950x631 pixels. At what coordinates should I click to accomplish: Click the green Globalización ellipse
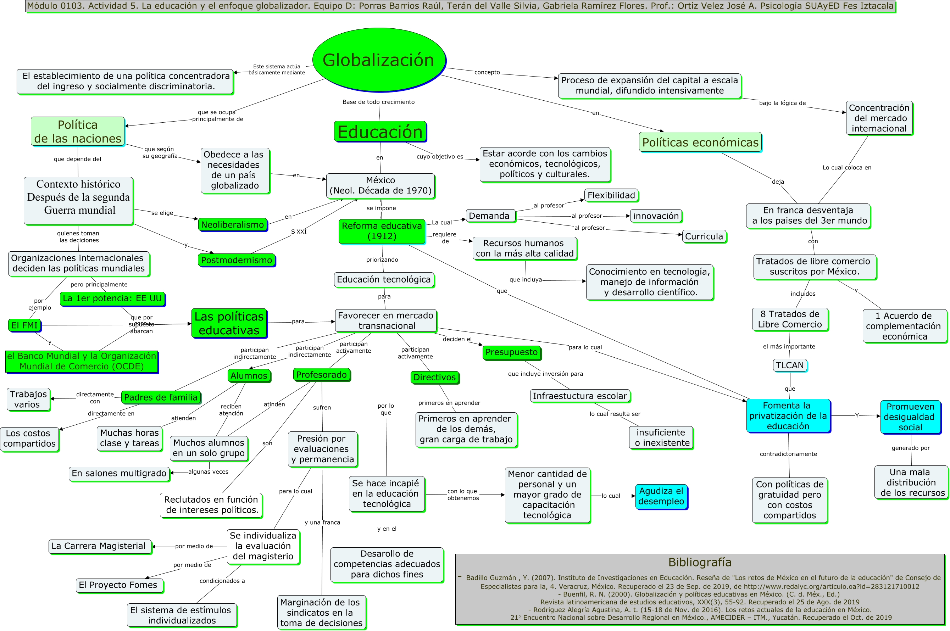379,60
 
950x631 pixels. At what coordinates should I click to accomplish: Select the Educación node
380,132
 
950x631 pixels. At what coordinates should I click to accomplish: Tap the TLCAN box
789,365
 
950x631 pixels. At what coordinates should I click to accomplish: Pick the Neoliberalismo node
232,224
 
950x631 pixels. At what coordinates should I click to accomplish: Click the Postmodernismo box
236,260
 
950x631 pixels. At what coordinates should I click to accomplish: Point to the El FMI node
24,325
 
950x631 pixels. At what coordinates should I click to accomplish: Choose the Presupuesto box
511,352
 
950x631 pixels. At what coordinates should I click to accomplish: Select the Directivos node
434,377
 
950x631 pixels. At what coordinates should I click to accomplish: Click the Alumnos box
249,375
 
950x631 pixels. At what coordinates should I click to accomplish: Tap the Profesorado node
321,375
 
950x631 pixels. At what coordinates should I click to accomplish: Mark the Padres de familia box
161,397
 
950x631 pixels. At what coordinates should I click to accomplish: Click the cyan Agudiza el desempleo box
661,496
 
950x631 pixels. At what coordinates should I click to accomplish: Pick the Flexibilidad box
611,195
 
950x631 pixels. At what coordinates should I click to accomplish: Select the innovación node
656,216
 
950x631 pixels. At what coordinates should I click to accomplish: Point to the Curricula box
704,236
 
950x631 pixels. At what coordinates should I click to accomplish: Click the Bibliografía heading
700,562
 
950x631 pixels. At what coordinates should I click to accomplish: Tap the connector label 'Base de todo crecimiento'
378,102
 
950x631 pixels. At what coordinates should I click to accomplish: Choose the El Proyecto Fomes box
118,585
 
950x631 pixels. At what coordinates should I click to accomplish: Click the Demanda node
489,216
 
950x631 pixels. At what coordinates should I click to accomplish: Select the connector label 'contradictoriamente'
788,454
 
